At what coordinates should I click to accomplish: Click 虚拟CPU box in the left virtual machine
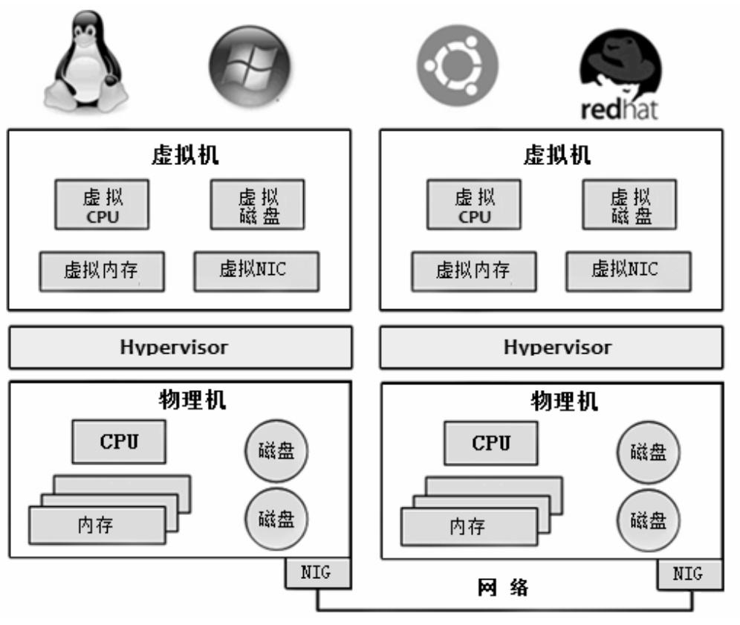click(x=102, y=205)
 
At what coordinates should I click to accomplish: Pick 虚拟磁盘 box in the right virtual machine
click(x=629, y=205)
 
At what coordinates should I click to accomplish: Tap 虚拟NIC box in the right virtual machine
click(x=628, y=271)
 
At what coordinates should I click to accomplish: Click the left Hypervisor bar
click(x=179, y=347)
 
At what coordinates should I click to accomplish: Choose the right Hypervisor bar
click(x=551, y=347)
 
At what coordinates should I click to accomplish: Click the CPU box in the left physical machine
click(x=119, y=441)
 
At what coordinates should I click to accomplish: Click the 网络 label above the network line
click(x=503, y=589)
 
